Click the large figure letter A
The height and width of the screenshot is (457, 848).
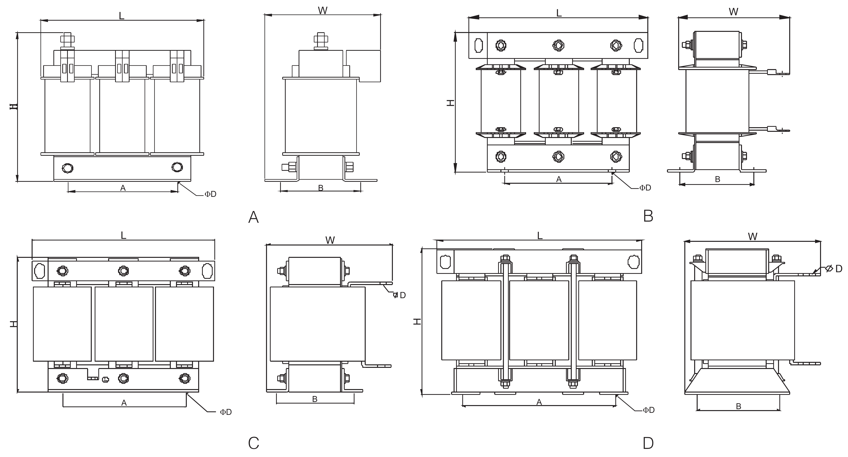[x=253, y=217]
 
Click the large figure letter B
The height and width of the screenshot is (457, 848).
[x=648, y=216]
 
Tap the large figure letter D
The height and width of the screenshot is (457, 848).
[x=648, y=443]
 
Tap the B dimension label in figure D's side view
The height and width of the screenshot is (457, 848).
[x=738, y=406]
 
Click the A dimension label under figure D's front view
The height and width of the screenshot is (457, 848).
[x=539, y=402]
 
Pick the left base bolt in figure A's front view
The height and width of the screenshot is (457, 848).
[x=67, y=168]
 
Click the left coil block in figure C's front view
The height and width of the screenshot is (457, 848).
[x=62, y=324]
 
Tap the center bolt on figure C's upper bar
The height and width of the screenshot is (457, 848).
[x=123, y=271]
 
